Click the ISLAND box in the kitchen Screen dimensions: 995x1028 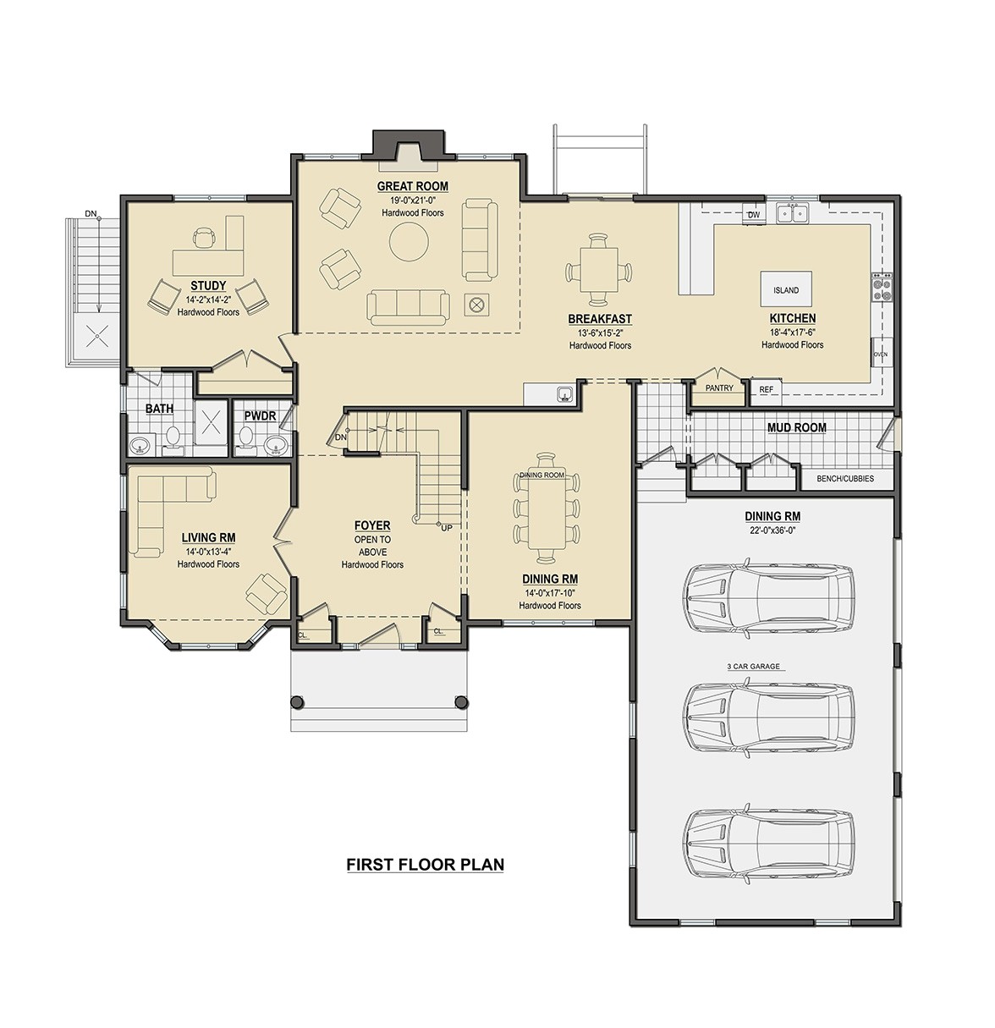(786, 289)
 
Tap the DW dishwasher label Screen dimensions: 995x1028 (754, 215)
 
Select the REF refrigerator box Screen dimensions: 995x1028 (766, 389)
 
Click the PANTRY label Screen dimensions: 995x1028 (719, 388)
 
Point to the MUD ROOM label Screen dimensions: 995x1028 (797, 428)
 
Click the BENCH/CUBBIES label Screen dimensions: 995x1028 (845, 479)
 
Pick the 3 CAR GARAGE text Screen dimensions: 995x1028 (753, 667)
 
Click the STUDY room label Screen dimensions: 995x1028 (208, 286)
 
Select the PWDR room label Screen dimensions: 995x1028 (261, 416)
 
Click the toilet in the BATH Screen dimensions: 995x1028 (173, 439)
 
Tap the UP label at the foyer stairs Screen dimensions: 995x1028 (446, 528)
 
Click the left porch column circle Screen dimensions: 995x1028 (297, 702)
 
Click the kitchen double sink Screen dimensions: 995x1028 (793, 212)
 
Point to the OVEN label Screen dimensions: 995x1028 (881, 355)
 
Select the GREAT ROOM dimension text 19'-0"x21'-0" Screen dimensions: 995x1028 (413, 201)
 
